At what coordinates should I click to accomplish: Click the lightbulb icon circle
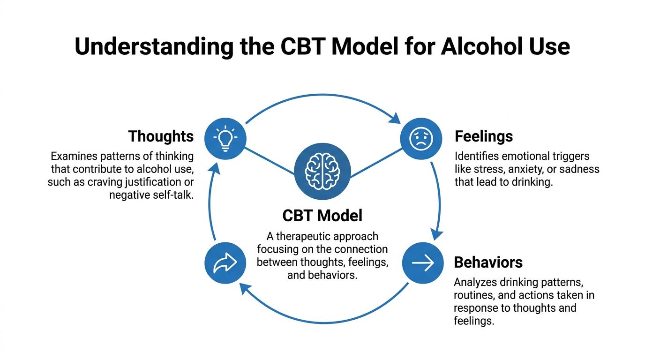[225, 137]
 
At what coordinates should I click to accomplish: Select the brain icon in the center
[322, 170]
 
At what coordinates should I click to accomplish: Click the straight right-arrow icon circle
[423, 263]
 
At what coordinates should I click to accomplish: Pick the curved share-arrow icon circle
[225, 263]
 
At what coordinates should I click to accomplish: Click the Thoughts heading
[161, 136]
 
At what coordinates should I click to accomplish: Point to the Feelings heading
[484, 136]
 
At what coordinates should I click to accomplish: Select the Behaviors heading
[488, 262]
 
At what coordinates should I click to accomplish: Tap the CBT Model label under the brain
[322, 216]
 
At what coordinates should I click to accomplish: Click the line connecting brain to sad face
[376, 163]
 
